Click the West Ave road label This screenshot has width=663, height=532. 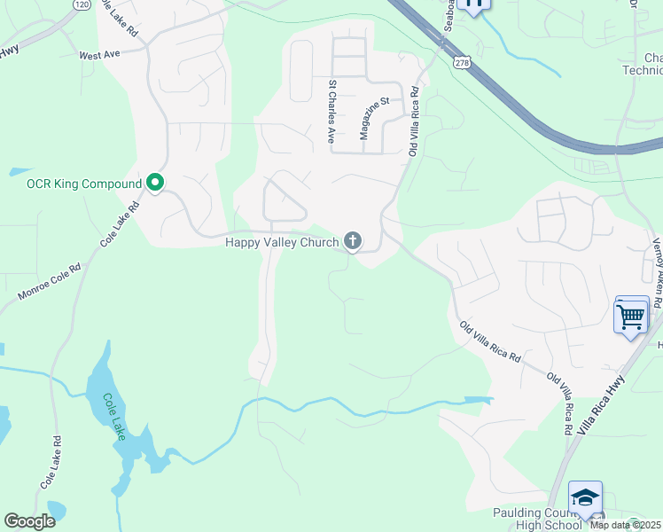[x=99, y=55]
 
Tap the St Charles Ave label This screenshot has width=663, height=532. [x=331, y=113]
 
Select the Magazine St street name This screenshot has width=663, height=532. [x=374, y=119]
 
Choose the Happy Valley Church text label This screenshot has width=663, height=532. [x=281, y=241]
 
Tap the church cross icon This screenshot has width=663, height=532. [x=353, y=240]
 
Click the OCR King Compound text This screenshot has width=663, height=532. [x=84, y=184]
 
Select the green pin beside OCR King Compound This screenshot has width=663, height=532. [x=155, y=184]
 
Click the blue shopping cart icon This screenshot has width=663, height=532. [x=630, y=316]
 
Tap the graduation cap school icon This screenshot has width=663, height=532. [x=585, y=498]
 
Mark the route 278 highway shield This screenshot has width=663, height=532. [x=459, y=61]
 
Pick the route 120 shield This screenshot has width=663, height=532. [x=81, y=4]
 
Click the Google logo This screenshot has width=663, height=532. [x=29, y=521]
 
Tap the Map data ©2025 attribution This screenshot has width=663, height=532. [x=625, y=525]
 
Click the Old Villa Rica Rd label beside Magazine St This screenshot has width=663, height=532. [x=413, y=127]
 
